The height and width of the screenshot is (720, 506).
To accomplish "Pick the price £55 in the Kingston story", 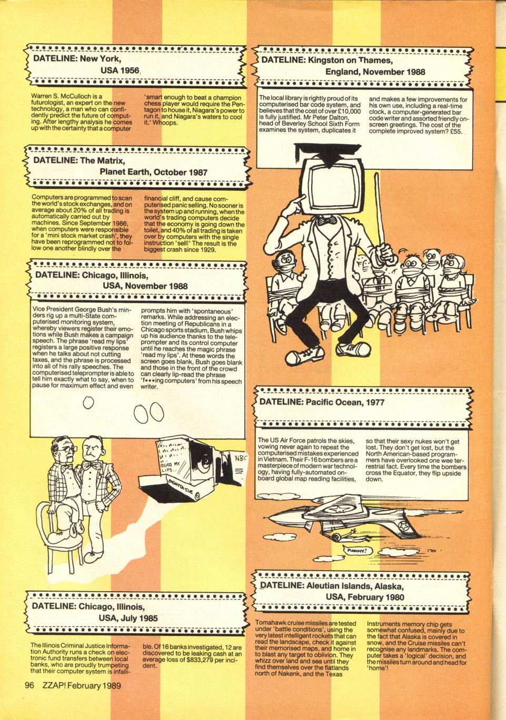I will [455, 131].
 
